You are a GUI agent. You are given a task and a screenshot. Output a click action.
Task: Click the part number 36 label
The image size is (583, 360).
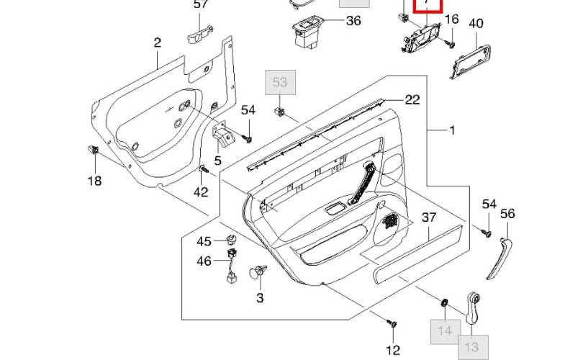click(353, 21)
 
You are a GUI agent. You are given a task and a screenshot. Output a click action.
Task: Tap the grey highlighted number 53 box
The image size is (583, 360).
click(279, 83)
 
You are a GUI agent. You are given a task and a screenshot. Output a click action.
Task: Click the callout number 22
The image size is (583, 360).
click(412, 100)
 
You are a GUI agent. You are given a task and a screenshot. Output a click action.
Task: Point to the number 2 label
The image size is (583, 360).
click(157, 43)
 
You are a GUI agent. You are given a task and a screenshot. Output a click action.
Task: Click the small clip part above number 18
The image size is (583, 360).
click(92, 150)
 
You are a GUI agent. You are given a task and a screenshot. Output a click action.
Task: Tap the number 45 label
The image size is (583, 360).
click(204, 241)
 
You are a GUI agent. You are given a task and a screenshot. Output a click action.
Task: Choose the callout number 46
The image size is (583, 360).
click(204, 261)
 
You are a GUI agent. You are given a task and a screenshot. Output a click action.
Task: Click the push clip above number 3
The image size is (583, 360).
click(256, 273)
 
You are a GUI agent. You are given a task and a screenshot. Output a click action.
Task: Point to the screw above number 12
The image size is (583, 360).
click(392, 323)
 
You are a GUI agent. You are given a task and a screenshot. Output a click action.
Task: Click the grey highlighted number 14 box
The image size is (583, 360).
click(445, 331)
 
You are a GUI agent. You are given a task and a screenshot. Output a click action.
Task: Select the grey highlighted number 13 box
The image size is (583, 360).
click(474, 346)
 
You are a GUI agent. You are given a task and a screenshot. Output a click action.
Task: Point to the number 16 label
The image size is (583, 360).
click(451, 19)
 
